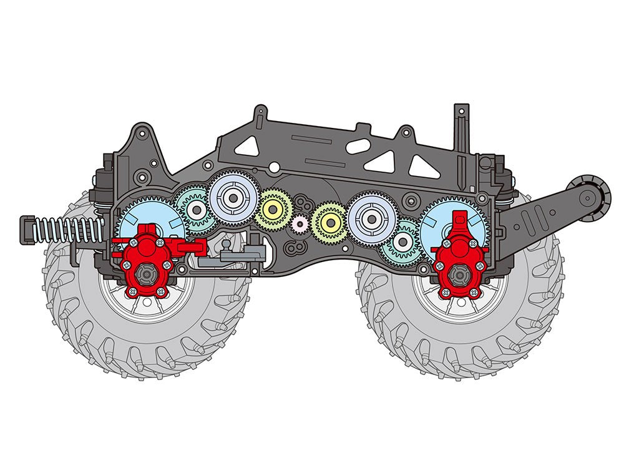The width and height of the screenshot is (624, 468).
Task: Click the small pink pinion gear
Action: pos(300,223)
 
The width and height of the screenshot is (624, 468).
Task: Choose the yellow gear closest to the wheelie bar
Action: pos(329,222)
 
